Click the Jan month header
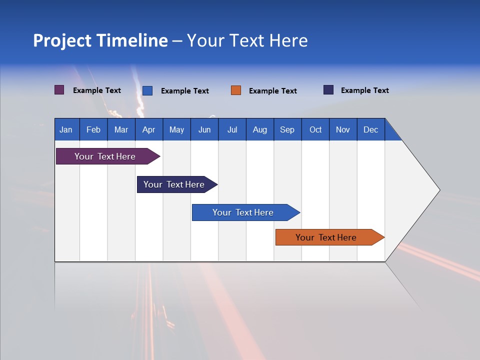tap(66, 129)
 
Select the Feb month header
tap(93, 129)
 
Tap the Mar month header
tap(121, 129)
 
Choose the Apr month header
tap(149, 129)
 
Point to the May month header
tap(176, 129)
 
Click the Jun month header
tap(204, 129)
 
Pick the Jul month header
tap(232, 129)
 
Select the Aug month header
tap(260, 129)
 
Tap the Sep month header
tap(287, 129)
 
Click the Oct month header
tap(315, 129)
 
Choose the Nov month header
tap(343, 129)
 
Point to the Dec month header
tap(371, 129)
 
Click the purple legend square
tap(59, 90)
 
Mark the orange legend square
tap(236, 90)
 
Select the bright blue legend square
tap(147, 90)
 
